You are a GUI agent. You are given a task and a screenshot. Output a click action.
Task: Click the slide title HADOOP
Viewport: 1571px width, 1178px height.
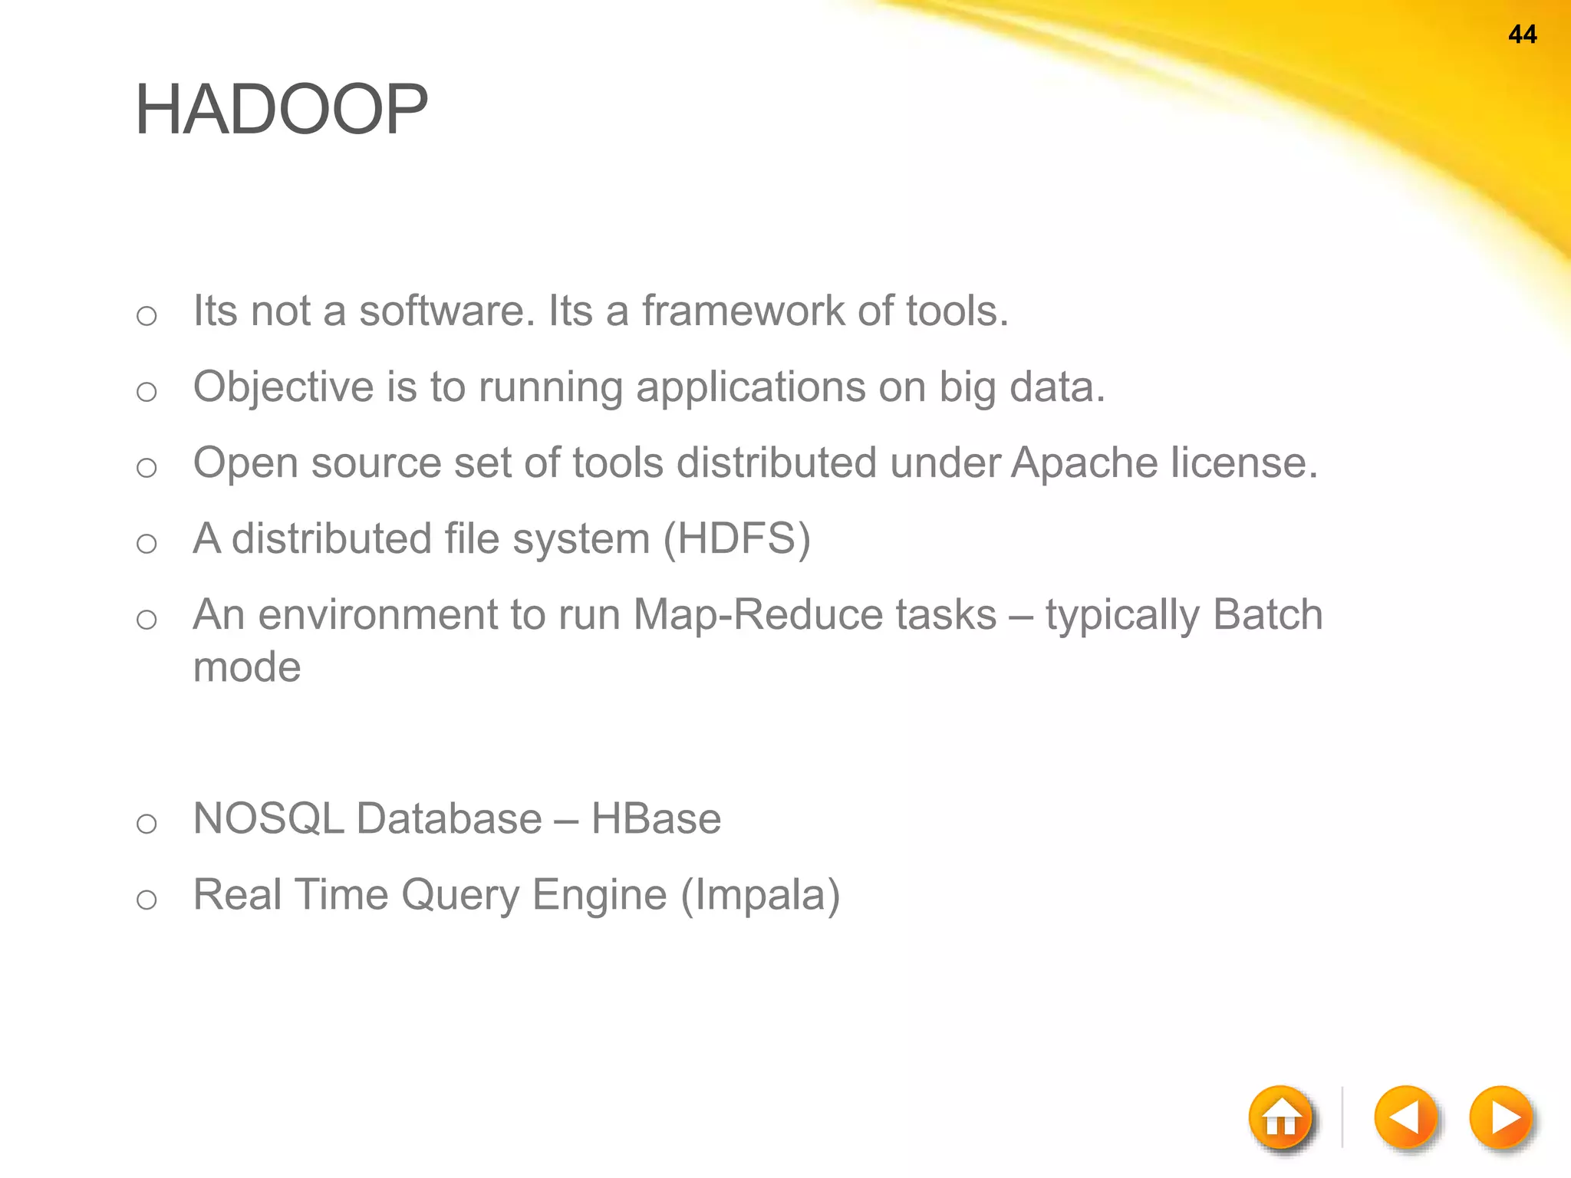(281, 110)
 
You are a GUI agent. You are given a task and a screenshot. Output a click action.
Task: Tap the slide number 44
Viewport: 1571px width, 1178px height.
(1522, 35)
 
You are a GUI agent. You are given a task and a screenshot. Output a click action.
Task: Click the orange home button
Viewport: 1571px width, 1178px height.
(1280, 1118)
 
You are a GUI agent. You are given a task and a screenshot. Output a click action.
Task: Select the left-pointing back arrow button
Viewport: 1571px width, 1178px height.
(1405, 1117)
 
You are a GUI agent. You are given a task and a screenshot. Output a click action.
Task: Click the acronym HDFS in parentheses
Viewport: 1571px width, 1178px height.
(736, 538)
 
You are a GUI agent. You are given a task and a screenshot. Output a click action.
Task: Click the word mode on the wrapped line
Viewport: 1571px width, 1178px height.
(246, 667)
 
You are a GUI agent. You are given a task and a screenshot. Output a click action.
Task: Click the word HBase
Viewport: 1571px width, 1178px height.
(656, 818)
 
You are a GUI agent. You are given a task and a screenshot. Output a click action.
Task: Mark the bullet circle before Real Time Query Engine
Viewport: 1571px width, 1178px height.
(147, 900)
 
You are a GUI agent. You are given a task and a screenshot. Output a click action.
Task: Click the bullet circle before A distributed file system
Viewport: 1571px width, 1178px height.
(147, 544)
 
